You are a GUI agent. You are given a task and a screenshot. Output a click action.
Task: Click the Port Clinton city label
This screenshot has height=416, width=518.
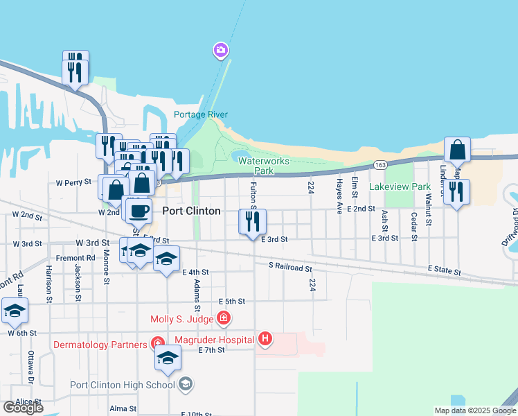191,211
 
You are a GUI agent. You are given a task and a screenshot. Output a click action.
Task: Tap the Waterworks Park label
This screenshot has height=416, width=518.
264,165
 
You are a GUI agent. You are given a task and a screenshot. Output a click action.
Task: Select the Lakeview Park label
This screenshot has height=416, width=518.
400,187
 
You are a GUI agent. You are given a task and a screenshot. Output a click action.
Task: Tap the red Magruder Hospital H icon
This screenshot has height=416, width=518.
265,338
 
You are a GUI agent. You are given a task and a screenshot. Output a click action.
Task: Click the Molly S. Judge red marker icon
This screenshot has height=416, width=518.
223,319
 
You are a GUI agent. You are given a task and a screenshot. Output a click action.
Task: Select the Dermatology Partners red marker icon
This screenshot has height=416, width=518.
158,344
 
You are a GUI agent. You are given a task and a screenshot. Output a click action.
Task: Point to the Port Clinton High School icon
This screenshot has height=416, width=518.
185,384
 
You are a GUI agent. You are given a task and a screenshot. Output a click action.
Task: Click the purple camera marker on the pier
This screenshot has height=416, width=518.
221,50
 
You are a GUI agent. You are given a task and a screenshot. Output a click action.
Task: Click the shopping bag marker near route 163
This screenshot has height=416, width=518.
458,150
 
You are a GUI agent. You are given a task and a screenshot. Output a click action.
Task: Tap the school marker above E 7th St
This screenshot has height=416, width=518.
167,357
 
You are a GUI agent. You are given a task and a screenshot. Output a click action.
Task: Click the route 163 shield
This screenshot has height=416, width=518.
379,165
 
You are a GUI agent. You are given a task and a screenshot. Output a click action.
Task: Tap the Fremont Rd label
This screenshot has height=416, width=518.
71,258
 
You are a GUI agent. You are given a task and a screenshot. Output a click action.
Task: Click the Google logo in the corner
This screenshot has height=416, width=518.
23,408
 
